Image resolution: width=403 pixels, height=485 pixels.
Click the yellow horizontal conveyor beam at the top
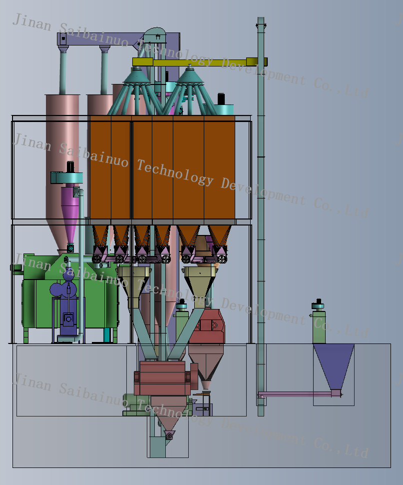(x=200, y=62)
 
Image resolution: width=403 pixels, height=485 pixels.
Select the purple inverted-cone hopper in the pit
(x=334, y=365)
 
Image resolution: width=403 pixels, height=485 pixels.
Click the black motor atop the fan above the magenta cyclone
(x=70, y=166)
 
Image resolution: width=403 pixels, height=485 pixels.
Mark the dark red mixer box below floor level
(x=163, y=378)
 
